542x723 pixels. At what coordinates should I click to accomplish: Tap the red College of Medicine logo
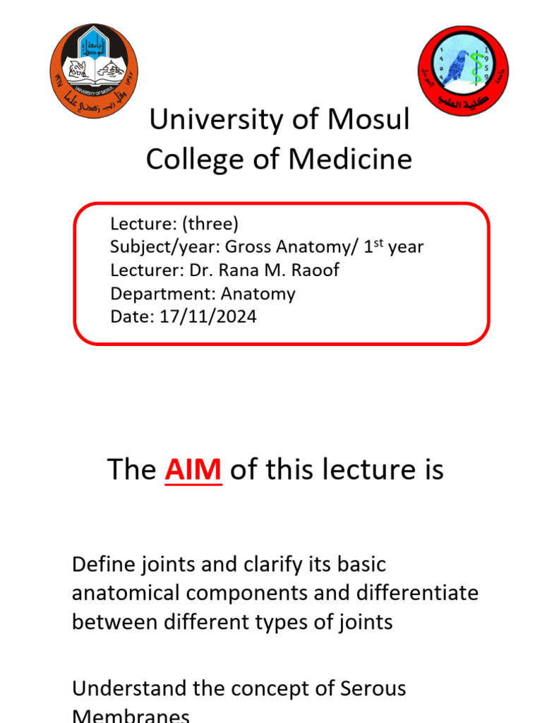tap(463, 71)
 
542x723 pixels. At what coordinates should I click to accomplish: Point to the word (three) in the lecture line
tap(210, 224)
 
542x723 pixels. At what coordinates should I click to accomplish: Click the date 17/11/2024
tap(207, 317)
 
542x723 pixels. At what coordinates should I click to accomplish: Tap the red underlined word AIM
tap(193, 470)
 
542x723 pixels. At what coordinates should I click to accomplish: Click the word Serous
tap(368, 688)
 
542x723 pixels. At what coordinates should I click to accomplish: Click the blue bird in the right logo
tap(456, 67)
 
